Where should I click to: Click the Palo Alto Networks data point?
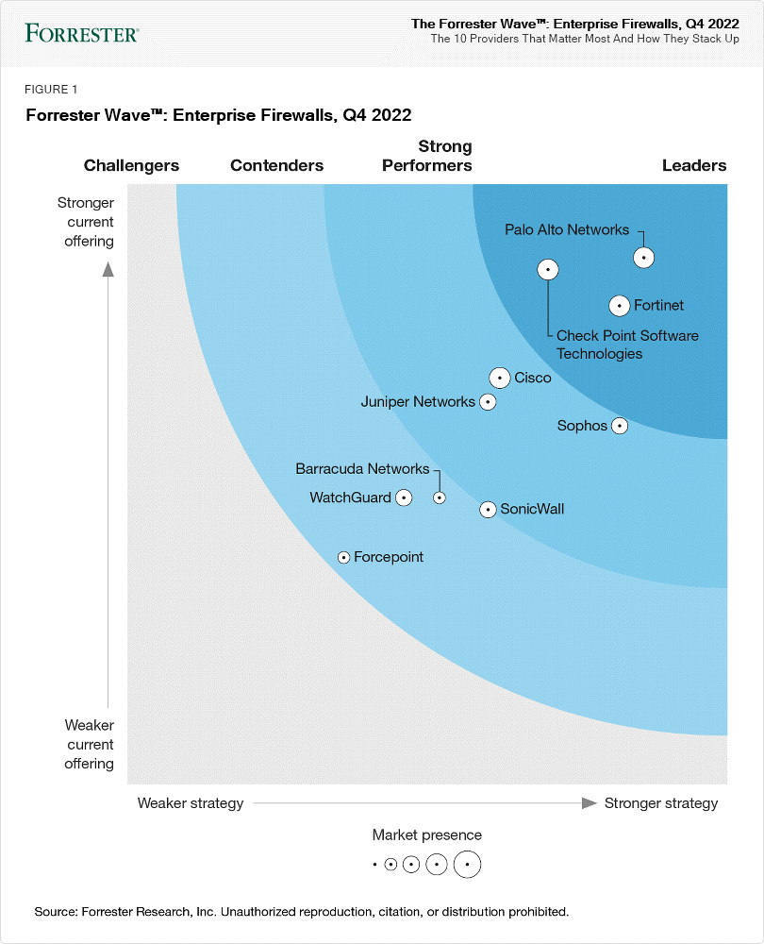(643, 257)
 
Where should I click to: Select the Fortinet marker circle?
(619, 306)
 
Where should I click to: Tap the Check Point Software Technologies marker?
(548, 270)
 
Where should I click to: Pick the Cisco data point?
(500, 378)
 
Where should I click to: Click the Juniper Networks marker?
(488, 402)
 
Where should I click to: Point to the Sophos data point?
(620, 426)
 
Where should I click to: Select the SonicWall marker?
(488, 510)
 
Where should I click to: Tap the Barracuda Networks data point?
(439, 497)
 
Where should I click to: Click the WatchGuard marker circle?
(404, 497)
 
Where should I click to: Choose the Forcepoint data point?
(344, 558)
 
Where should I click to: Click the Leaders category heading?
(694, 165)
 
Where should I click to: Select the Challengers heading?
(131, 165)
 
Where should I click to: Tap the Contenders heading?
(276, 165)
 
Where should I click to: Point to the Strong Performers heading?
(427, 156)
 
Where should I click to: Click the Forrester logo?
(82, 34)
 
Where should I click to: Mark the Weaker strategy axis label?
(191, 803)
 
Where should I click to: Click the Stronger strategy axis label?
(660, 803)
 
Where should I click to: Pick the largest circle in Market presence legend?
(467, 864)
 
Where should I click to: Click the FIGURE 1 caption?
(51, 90)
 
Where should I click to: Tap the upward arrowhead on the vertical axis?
(108, 268)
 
